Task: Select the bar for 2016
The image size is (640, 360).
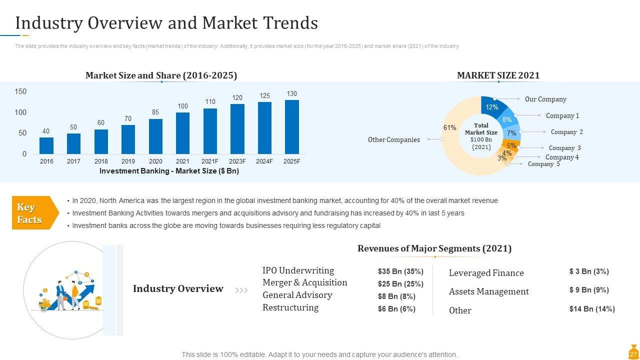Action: (46, 145)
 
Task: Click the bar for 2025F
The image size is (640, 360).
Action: (292, 127)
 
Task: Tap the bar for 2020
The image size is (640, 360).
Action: (155, 136)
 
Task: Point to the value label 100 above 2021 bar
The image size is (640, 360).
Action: (183, 106)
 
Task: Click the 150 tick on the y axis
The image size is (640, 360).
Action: (20, 91)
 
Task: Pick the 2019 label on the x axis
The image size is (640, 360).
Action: (128, 161)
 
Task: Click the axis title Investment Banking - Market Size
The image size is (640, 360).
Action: (169, 171)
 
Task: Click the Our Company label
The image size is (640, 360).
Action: (545, 99)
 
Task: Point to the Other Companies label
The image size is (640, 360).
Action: (394, 140)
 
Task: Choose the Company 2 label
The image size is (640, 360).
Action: (566, 132)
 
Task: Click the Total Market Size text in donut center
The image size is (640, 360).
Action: (481, 129)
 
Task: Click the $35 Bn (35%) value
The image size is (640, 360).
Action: (400, 271)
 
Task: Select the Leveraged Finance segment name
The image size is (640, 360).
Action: (486, 273)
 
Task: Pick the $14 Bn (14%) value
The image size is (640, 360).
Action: (592, 309)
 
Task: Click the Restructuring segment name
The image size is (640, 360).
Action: (290, 307)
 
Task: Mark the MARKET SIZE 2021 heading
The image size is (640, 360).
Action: (498, 75)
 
